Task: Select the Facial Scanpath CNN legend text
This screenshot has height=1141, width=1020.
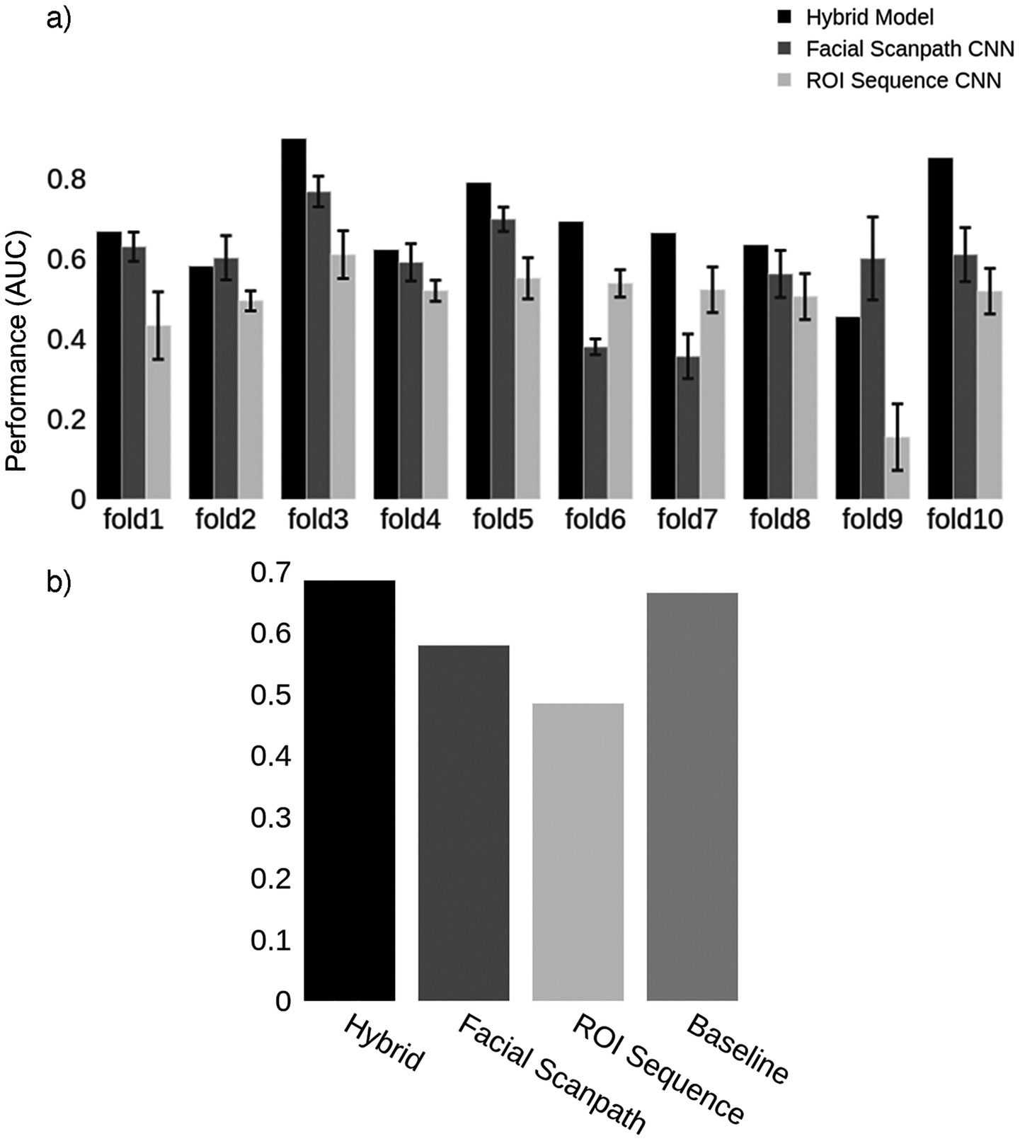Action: click(910, 49)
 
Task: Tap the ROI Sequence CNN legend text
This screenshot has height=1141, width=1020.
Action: click(903, 81)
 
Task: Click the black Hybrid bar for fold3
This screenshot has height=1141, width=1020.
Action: click(294, 319)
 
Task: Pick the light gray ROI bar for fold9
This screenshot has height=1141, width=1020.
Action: click(898, 467)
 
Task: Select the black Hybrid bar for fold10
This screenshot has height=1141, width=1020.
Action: click(940, 328)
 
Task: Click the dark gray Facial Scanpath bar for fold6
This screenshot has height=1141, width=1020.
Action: click(595, 423)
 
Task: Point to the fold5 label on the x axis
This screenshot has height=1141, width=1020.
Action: click(503, 521)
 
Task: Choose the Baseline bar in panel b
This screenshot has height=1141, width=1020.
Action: click(692, 796)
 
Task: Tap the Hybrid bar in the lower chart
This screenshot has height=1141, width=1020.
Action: click(349, 790)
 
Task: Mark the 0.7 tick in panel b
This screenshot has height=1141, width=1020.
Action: click(270, 572)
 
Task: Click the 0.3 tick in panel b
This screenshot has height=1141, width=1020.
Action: click(270, 818)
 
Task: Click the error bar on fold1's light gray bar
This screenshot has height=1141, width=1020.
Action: click(158, 326)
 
